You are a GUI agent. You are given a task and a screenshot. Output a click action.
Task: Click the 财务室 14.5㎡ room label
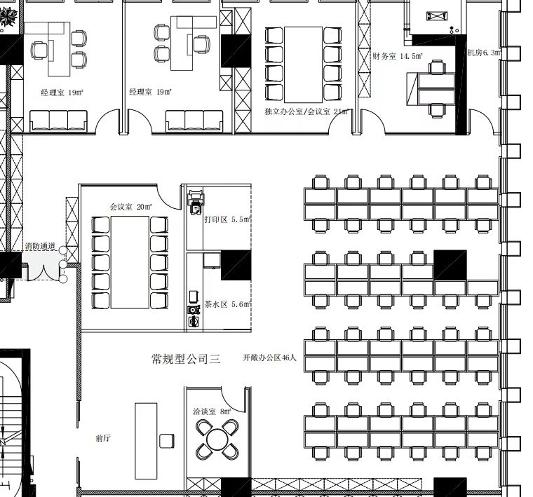click(x=398, y=56)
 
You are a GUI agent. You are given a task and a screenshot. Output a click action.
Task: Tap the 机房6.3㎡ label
click(x=484, y=53)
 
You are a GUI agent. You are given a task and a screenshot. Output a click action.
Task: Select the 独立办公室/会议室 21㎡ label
click(x=306, y=111)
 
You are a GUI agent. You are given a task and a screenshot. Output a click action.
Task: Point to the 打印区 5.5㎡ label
click(x=227, y=219)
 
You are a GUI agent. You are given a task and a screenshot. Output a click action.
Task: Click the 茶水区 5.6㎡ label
click(x=227, y=304)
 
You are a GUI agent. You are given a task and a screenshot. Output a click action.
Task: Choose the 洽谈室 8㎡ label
click(x=212, y=411)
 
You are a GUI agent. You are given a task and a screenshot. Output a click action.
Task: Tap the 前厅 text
click(x=103, y=438)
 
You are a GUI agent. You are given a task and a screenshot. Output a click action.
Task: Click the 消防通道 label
click(x=40, y=246)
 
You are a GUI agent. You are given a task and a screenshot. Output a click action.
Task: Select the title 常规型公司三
click(x=186, y=358)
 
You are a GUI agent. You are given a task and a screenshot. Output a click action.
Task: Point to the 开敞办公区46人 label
click(x=269, y=358)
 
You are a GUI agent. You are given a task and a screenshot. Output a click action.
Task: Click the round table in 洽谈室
click(x=217, y=440)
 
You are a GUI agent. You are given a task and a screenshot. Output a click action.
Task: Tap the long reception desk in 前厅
click(x=146, y=441)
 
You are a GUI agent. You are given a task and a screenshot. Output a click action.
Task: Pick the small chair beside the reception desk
click(x=167, y=441)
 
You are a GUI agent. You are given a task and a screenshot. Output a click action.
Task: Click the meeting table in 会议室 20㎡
click(x=130, y=262)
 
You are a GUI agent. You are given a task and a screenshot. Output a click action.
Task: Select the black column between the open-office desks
click(x=450, y=265)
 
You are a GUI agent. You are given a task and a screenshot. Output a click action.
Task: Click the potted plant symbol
click(x=8, y=17)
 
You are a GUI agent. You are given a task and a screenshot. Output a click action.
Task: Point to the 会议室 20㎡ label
click(x=130, y=207)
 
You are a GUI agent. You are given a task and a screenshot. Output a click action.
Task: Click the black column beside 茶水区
click(x=236, y=265)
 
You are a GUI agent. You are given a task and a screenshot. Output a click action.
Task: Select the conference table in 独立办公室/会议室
click(x=303, y=64)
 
